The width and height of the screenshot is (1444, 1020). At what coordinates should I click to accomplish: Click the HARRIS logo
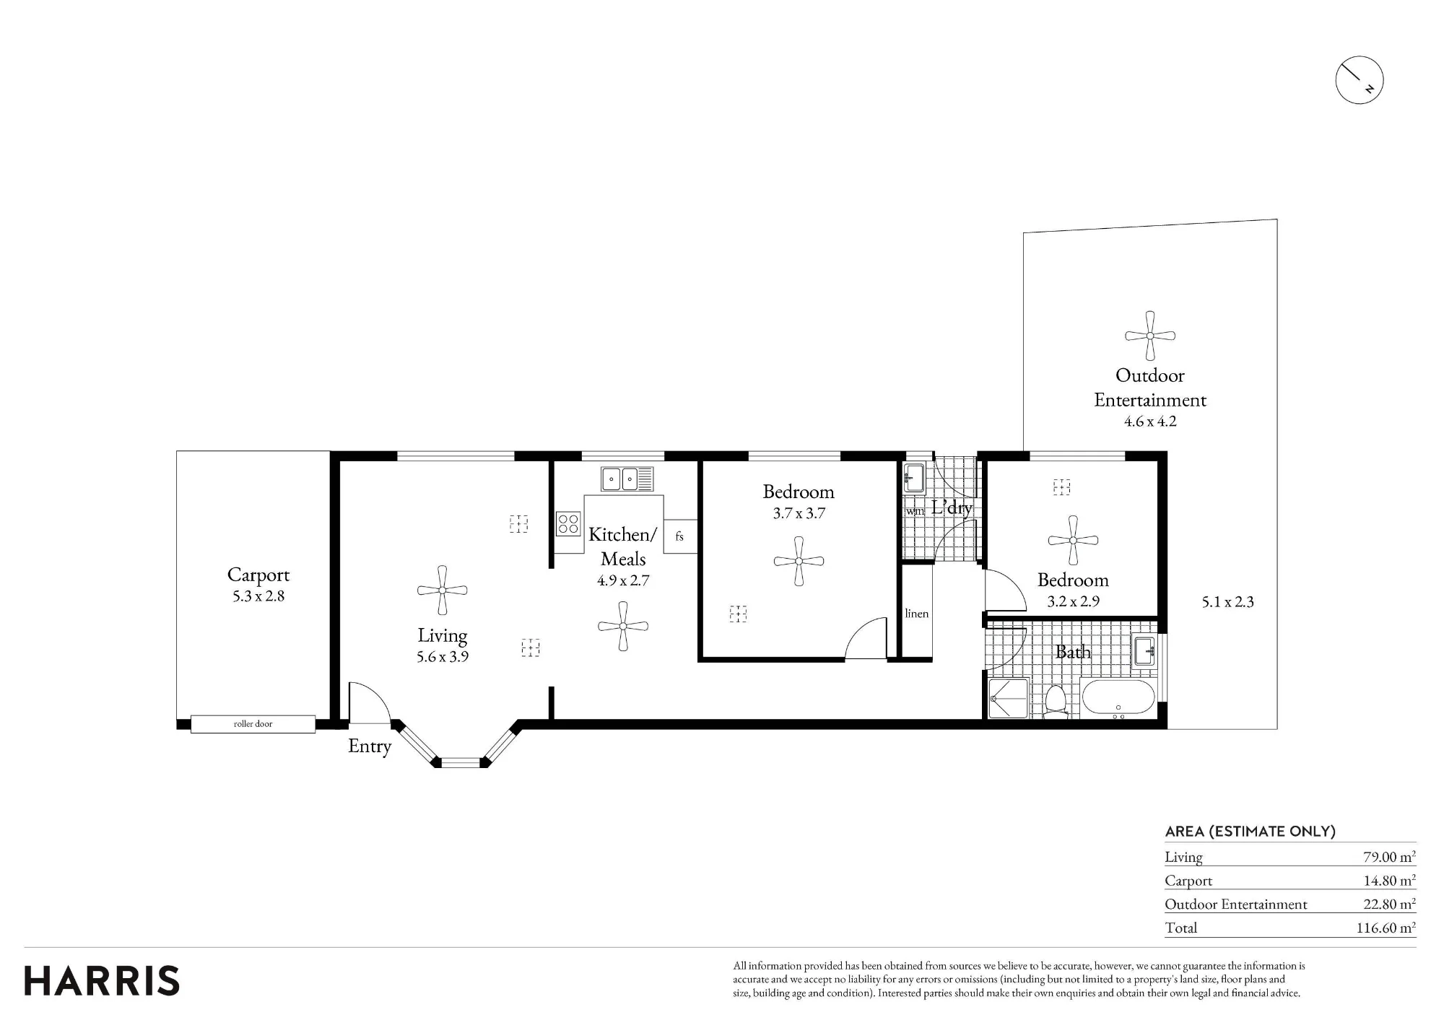(x=102, y=981)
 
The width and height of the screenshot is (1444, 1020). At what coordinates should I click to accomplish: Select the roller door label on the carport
(x=253, y=723)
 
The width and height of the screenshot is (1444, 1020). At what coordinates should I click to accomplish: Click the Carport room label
(x=258, y=575)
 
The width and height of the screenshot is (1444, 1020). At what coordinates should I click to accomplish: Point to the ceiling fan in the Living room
(x=442, y=590)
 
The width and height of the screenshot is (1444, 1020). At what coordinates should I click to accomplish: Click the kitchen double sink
(x=627, y=479)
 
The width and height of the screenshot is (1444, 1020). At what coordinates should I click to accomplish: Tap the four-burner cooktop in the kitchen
(x=568, y=523)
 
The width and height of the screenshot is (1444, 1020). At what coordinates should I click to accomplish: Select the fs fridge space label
(x=679, y=536)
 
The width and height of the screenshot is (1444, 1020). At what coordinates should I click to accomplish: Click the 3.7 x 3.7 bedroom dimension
(x=799, y=513)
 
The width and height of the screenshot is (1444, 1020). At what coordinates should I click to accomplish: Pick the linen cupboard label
(x=916, y=614)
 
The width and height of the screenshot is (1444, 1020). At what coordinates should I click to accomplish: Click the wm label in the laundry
(x=915, y=511)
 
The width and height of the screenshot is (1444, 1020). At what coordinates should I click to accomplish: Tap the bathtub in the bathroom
(x=1119, y=699)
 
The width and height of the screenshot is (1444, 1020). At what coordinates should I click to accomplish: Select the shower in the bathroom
(x=1006, y=699)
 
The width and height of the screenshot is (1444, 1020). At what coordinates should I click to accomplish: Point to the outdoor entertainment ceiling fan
(x=1150, y=336)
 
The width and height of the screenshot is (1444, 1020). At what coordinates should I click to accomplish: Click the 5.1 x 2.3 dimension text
(x=1227, y=602)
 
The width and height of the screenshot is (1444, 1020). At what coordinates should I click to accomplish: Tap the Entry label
(x=370, y=746)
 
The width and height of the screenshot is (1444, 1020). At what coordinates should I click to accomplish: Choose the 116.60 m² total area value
(x=1386, y=928)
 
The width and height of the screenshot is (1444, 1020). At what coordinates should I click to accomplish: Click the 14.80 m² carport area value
(x=1388, y=881)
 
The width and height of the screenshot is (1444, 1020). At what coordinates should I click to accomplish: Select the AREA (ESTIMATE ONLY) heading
(x=1251, y=832)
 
